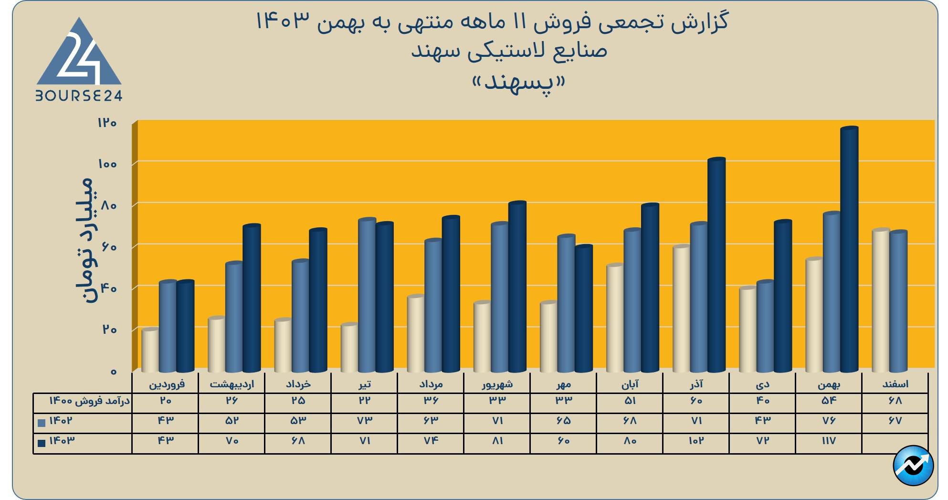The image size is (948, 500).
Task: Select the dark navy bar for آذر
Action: (x=716, y=265)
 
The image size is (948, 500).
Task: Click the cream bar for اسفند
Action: (x=880, y=300)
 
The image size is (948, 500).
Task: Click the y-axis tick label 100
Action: (x=107, y=164)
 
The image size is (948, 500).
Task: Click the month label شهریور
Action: (x=497, y=384)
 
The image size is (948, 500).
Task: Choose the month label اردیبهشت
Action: (x=232, y=384)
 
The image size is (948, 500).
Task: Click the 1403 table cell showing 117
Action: (x=829, y=441)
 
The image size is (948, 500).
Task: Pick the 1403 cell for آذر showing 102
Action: (x=696, y=441)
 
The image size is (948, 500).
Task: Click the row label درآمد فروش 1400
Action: (x=90, y=401)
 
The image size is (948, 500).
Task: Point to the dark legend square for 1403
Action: (x=42, y=443)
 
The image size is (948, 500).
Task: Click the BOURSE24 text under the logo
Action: (x=79, y=96)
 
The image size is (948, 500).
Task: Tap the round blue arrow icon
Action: (x=913, y=466)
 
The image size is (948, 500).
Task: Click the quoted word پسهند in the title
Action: (x=518, y=83)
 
